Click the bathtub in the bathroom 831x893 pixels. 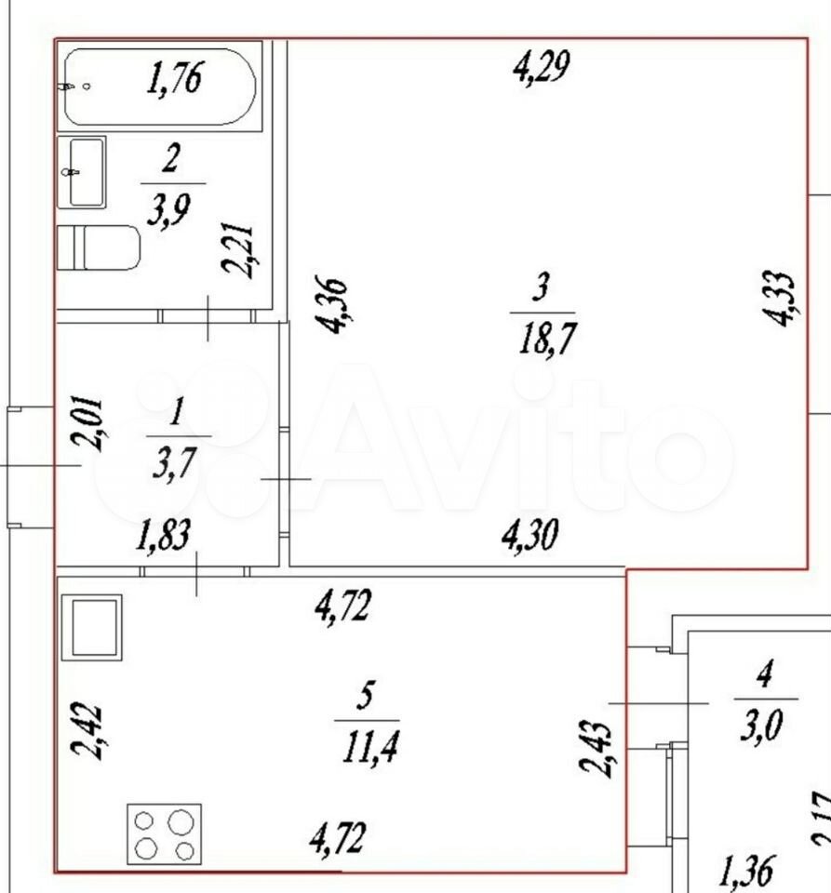pos(159,87)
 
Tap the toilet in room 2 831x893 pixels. pos(99,247)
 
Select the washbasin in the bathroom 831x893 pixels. pos(82,172)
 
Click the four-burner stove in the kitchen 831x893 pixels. pos(164,833)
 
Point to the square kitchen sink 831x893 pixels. pos(91,627)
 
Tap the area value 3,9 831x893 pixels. pos(169,209)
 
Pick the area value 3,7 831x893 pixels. pos(174,462)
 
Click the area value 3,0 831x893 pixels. pos(761,725)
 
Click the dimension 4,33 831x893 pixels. pos(778,298)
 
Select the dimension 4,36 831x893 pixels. pos(332,306)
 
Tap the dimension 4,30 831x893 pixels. pos(529,535)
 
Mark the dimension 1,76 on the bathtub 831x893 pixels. pos(174,78)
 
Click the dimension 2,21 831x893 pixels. pos(237,249)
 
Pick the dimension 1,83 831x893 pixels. pos(163,534)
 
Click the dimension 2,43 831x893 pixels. pos(596,748)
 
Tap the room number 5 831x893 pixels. pos(365,696)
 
